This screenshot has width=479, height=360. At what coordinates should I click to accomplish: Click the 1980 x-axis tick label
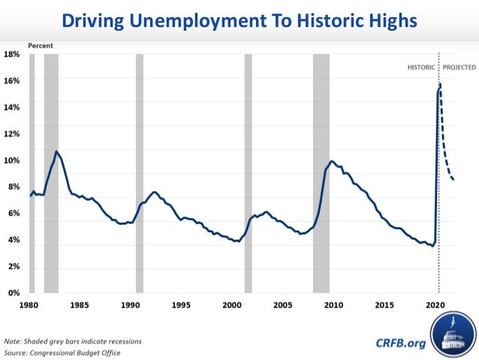pos(30,305)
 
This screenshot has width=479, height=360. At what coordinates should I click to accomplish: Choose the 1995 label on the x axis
pos(181,305)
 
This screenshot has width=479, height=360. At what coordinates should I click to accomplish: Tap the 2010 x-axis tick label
pos(333,305)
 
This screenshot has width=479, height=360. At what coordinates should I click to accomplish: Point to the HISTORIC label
pos(421,67)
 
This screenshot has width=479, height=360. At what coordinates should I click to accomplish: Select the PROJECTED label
pos(459,67)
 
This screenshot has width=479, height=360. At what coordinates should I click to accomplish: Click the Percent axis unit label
pos(41,46)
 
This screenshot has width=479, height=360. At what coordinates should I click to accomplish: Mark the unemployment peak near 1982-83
pos(56,151)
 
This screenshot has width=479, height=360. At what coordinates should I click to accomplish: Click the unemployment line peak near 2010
pos(331,161)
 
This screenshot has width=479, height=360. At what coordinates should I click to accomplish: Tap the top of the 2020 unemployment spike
pos(439,84)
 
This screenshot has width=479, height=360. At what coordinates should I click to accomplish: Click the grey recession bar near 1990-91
pos(139,173)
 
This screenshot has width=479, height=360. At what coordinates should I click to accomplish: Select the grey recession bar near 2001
pos(248,173)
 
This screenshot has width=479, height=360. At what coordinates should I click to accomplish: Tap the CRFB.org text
pos(400,343)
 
